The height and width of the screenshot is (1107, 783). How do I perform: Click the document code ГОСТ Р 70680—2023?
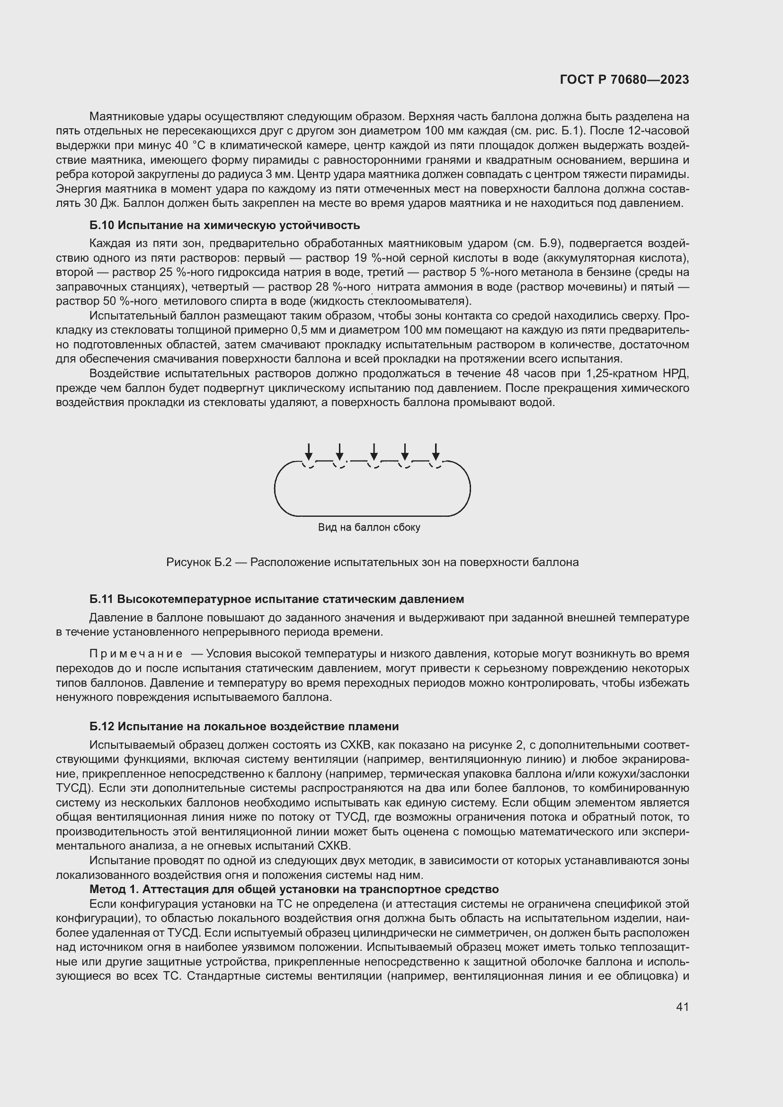624,80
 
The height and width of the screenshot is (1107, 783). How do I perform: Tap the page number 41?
682,1006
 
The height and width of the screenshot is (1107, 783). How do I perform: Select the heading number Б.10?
102,225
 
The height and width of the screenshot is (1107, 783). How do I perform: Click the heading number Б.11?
101,599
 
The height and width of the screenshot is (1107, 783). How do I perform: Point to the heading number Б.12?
101,726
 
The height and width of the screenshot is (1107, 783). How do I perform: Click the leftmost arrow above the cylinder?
309,452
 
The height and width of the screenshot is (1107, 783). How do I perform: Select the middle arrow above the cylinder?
373,452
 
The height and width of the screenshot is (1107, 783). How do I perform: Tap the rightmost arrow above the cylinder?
436,452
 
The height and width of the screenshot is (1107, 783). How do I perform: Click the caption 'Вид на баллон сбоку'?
369,527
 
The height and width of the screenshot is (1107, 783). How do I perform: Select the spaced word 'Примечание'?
136,654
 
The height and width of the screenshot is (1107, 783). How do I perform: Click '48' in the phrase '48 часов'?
513,374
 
